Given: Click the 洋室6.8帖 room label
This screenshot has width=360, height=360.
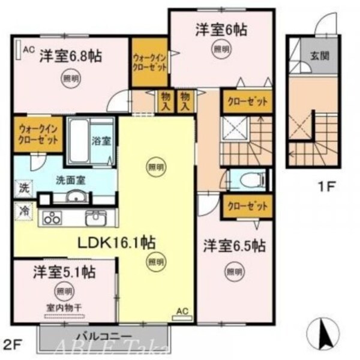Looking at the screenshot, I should click(70, 56).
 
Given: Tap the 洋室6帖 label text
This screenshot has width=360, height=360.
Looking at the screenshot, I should click(221, 29).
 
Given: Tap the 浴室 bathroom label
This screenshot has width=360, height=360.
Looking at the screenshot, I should click(100, 142).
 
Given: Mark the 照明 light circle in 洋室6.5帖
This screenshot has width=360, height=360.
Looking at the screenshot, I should click(235, 272).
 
